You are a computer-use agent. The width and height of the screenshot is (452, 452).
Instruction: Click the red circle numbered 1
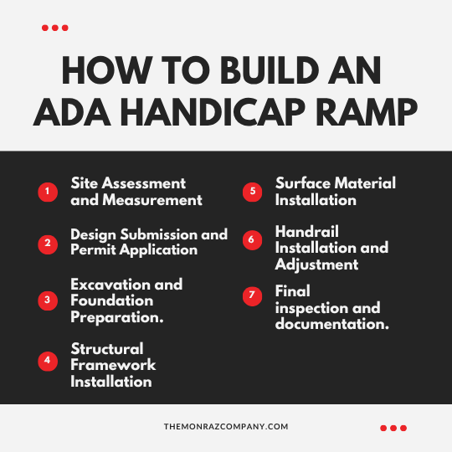48,192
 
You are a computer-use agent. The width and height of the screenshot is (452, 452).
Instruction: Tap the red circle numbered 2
48,244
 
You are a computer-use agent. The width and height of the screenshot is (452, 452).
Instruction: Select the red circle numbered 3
48,300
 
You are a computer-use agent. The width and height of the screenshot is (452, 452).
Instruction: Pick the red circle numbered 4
48,361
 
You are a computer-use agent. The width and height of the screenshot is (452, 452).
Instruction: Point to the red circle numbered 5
252,192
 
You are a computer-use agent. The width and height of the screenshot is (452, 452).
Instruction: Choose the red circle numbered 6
252,240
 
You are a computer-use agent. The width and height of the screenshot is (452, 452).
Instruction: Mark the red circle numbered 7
252,296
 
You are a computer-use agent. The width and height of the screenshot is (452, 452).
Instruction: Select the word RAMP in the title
367,112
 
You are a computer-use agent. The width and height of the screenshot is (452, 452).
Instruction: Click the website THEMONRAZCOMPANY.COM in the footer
226,427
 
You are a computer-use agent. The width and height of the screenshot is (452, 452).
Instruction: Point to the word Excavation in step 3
110,285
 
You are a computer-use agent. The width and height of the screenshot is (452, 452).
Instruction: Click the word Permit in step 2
93,249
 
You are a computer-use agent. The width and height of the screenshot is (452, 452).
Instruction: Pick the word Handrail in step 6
306,232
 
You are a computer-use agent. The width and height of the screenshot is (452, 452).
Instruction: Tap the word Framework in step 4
113,365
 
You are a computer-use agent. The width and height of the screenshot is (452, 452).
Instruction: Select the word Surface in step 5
303,183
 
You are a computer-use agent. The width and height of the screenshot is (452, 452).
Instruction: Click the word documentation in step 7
331,324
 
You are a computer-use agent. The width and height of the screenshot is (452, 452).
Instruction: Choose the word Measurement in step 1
152,200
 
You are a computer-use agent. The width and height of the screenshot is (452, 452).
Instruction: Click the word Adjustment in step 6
316,265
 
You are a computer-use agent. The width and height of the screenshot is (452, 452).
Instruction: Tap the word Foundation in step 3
112,300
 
